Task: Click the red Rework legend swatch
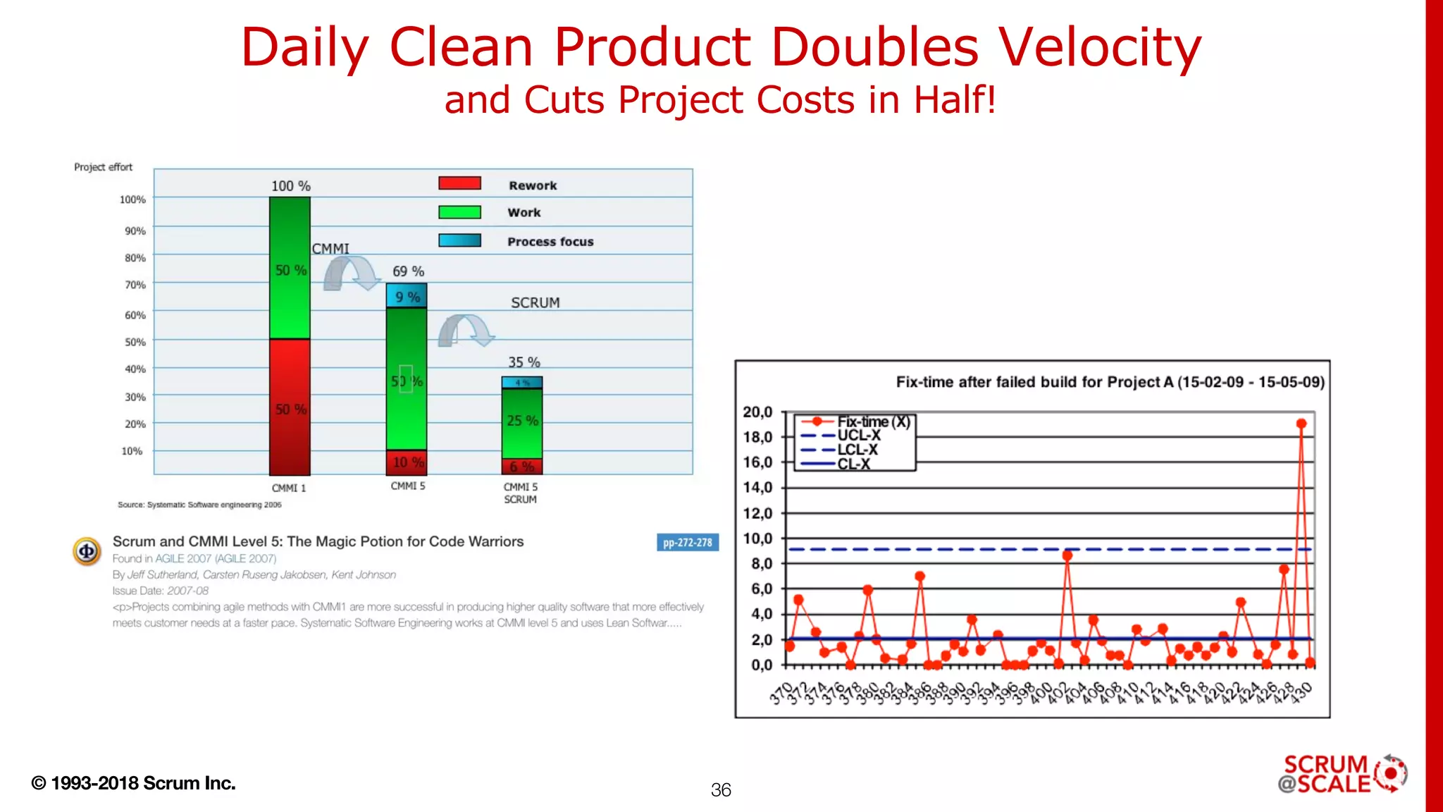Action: [459, 183]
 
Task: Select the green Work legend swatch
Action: [459, 212]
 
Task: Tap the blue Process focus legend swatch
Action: [459, 240]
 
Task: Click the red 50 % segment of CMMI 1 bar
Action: [290, 407]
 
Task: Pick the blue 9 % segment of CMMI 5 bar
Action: [407, 295]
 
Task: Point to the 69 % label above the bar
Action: [408, 271]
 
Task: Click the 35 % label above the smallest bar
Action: [524, 362]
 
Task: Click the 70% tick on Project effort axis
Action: [135, 285]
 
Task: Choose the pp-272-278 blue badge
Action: [687, 543]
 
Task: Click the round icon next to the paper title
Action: [87, 551]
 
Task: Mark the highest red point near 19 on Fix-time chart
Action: [1301, 424]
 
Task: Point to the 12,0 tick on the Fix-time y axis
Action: [757, 513]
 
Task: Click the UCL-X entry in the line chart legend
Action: [858, 436]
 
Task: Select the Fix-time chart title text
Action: [1110, 382]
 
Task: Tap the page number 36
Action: [721, 790]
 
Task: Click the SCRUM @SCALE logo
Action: [1342, 774]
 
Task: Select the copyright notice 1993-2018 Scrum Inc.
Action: [134, 783]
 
